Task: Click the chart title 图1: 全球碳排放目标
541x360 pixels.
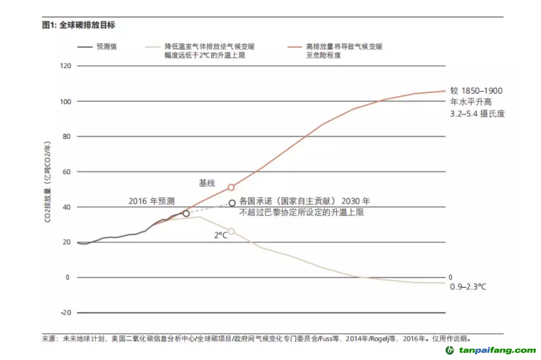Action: [x=79, y=25]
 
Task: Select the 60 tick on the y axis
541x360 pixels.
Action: [x=66, y=172]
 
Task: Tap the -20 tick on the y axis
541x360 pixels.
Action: [x=65, y=312]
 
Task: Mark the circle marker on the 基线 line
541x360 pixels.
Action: [x=231, y=187]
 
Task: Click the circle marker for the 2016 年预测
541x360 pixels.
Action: [x=186, y=213]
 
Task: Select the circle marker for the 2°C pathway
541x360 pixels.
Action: [x=231, y=231]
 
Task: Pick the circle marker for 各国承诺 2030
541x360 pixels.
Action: [x=232, y=203]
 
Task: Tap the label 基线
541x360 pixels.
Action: [x=207, y=183]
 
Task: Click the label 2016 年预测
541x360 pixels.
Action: [x=151, y=201]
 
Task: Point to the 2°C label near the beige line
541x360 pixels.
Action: [x=221, y=235]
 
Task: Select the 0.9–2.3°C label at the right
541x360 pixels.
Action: [x=468, y=287]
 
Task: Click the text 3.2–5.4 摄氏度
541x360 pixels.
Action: [x=477, y=114]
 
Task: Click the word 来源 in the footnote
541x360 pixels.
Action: [x=50, y=339]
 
